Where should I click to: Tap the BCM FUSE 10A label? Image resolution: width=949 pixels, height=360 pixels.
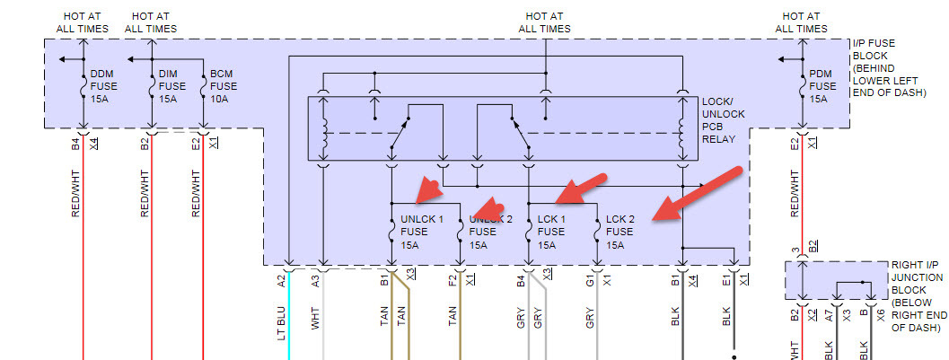[224, 86]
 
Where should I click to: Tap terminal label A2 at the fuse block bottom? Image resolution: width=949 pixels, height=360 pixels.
[282, 280]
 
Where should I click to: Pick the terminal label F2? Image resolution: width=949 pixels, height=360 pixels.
[453, 280]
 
